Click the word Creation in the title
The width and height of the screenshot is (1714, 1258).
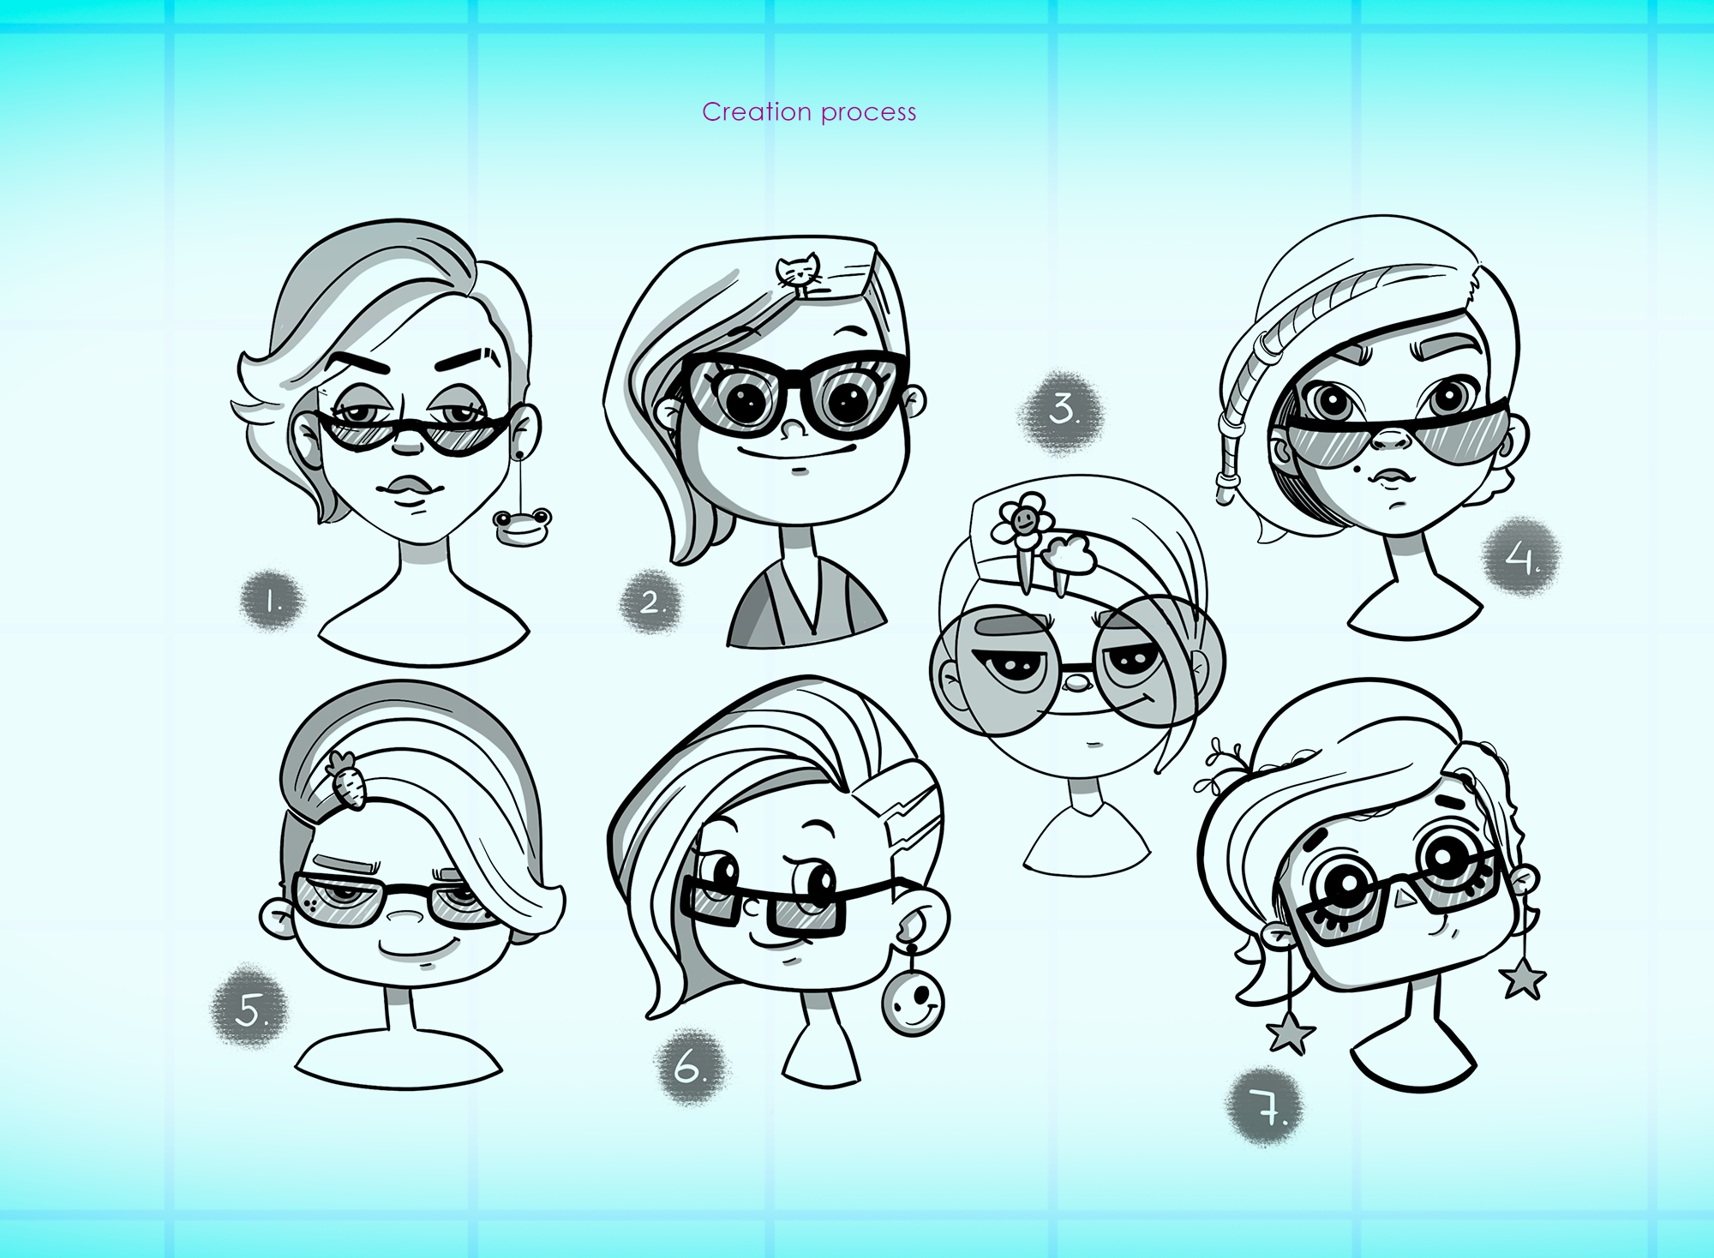pos(757,111)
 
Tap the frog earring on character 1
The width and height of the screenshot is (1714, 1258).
pos(523,526)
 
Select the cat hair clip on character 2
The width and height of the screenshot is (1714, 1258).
pos(799,273)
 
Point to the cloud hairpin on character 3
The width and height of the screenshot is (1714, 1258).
pos(1067,557)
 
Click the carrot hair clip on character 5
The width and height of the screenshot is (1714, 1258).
pos(345,779)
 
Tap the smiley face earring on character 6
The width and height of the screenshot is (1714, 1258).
pos(913,1000)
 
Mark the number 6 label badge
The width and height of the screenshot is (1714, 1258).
pos(690,1067)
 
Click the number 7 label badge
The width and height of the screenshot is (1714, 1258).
pos(1267,1107)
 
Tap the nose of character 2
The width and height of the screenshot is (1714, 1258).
pos(794,428)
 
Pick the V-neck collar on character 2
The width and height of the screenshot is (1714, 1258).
pos(806,600)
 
